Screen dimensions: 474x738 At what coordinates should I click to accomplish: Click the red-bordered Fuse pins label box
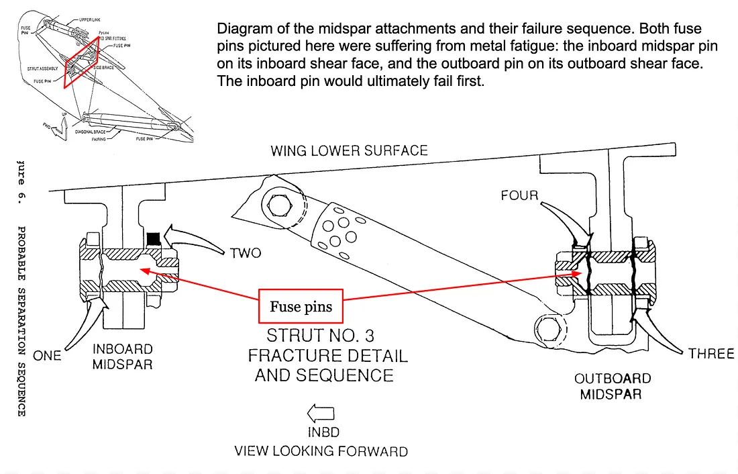301,307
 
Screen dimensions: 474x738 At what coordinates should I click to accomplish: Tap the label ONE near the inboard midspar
47,355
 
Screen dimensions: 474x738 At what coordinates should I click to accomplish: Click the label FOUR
519,195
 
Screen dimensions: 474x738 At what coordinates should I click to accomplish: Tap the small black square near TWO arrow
154,238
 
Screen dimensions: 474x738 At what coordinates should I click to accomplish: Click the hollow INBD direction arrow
320,414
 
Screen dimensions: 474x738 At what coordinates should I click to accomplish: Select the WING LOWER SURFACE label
349,150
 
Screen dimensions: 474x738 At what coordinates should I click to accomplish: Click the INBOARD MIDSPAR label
123,357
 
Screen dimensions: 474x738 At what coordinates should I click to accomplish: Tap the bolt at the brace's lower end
547,329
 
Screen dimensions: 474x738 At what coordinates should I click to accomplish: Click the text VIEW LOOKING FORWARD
321,451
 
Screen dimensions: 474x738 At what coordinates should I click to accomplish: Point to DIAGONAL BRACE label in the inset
89,132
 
